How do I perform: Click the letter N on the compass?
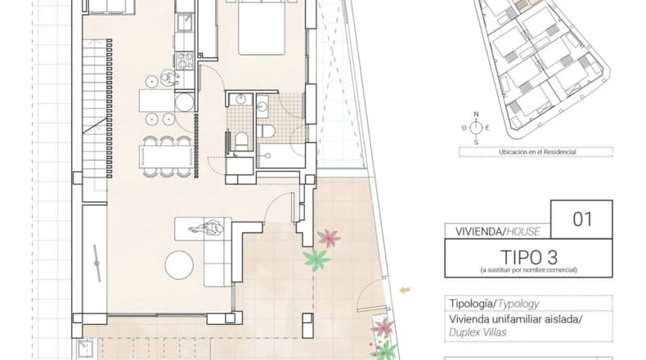(x=476, y=115)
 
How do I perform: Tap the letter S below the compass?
(x=476, y=142)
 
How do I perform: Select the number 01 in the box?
(x=582, y=219)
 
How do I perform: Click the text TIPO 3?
(x=529, y=258)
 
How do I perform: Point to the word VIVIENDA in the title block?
(x=478, y=232)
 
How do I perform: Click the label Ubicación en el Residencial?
(x=537, y=151)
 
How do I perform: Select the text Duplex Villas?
(x=478, y=332)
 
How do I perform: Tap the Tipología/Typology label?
(x=494, y=304)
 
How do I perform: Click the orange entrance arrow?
(x=405, y=290)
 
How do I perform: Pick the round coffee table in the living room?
(x=179, y=265)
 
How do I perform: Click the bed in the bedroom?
(x=262, y=27)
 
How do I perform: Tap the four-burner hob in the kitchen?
(x=185, y=61)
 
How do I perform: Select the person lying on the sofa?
(x=207, y=228)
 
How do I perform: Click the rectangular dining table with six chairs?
(x=167, y=157)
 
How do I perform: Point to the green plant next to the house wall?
(x=316, y=259)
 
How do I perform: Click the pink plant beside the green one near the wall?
(x=329, y=238)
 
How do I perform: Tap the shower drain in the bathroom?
(x=267, y=156)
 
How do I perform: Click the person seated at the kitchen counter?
(x=169, y=77)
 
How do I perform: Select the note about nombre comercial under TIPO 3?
(x=528, y=270)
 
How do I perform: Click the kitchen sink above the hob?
(x=185, y=21)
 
